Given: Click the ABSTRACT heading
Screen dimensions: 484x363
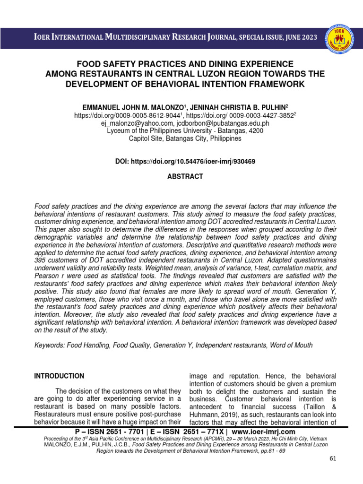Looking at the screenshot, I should click(181, 177).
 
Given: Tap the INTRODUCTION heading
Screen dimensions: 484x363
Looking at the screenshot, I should click(59, 376).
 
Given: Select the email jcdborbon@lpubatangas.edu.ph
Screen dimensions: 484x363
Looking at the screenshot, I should click(220, 123).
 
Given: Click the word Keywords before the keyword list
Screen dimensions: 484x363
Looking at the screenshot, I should click(50, 346).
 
